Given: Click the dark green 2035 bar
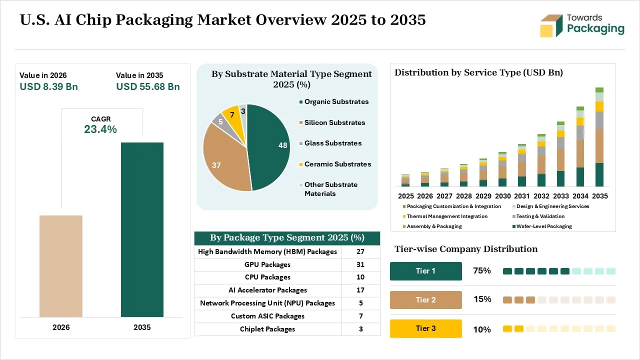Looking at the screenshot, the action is pos(142,229).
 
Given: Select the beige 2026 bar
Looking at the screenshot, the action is pos(61,266).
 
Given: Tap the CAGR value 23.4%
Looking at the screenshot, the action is pos(100,129).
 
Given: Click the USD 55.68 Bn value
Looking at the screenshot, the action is pos(148,86).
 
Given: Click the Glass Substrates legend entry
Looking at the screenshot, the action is pos(330,143).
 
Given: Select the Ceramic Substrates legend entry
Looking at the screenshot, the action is pos(335,164).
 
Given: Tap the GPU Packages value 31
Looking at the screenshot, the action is pos(360,264).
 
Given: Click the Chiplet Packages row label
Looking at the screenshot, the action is pos(267,329).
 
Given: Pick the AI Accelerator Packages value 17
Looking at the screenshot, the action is pos(360,290).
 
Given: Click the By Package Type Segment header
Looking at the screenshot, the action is pos(287,237).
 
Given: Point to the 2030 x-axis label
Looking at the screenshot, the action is pos(503,196).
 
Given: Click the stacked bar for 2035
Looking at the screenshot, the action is pos(599,137).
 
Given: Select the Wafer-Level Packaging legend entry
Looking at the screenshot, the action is pos(542,226).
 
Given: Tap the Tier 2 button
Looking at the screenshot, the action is pos(425,299).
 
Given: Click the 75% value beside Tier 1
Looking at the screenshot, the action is pos(482,270).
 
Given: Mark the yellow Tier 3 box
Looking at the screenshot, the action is pos(425,328).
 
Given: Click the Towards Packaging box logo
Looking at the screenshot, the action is pos(551,25).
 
